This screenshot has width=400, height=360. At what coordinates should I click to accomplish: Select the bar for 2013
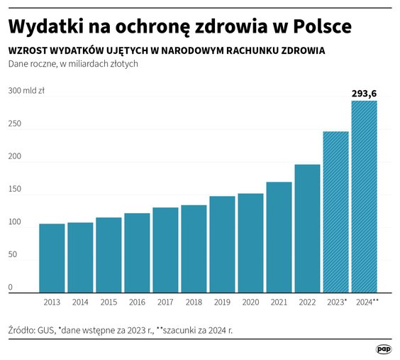coord(52,258)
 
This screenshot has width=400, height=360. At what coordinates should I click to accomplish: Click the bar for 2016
coord(137,253)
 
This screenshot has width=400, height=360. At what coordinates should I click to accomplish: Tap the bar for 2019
coord(222,244)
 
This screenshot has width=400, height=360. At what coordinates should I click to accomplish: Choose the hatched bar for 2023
coord(335,212)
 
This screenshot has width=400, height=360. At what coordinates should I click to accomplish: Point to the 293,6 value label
coord(364,93)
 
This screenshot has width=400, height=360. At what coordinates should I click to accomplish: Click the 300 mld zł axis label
coord(26,91)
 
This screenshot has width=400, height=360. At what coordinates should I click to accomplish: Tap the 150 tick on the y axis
coord(15,190)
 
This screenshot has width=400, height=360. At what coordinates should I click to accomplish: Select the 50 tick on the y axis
coord(13,255)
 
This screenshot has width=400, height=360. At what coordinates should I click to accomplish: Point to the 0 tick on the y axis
coord(11,288)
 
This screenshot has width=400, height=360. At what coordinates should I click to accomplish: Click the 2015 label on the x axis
coord(109,302)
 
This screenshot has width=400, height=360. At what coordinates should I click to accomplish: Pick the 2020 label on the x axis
coord(250,302)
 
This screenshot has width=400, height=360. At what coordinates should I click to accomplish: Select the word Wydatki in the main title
coord(42,27)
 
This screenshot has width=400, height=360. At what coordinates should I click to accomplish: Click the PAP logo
coord(384,349)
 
